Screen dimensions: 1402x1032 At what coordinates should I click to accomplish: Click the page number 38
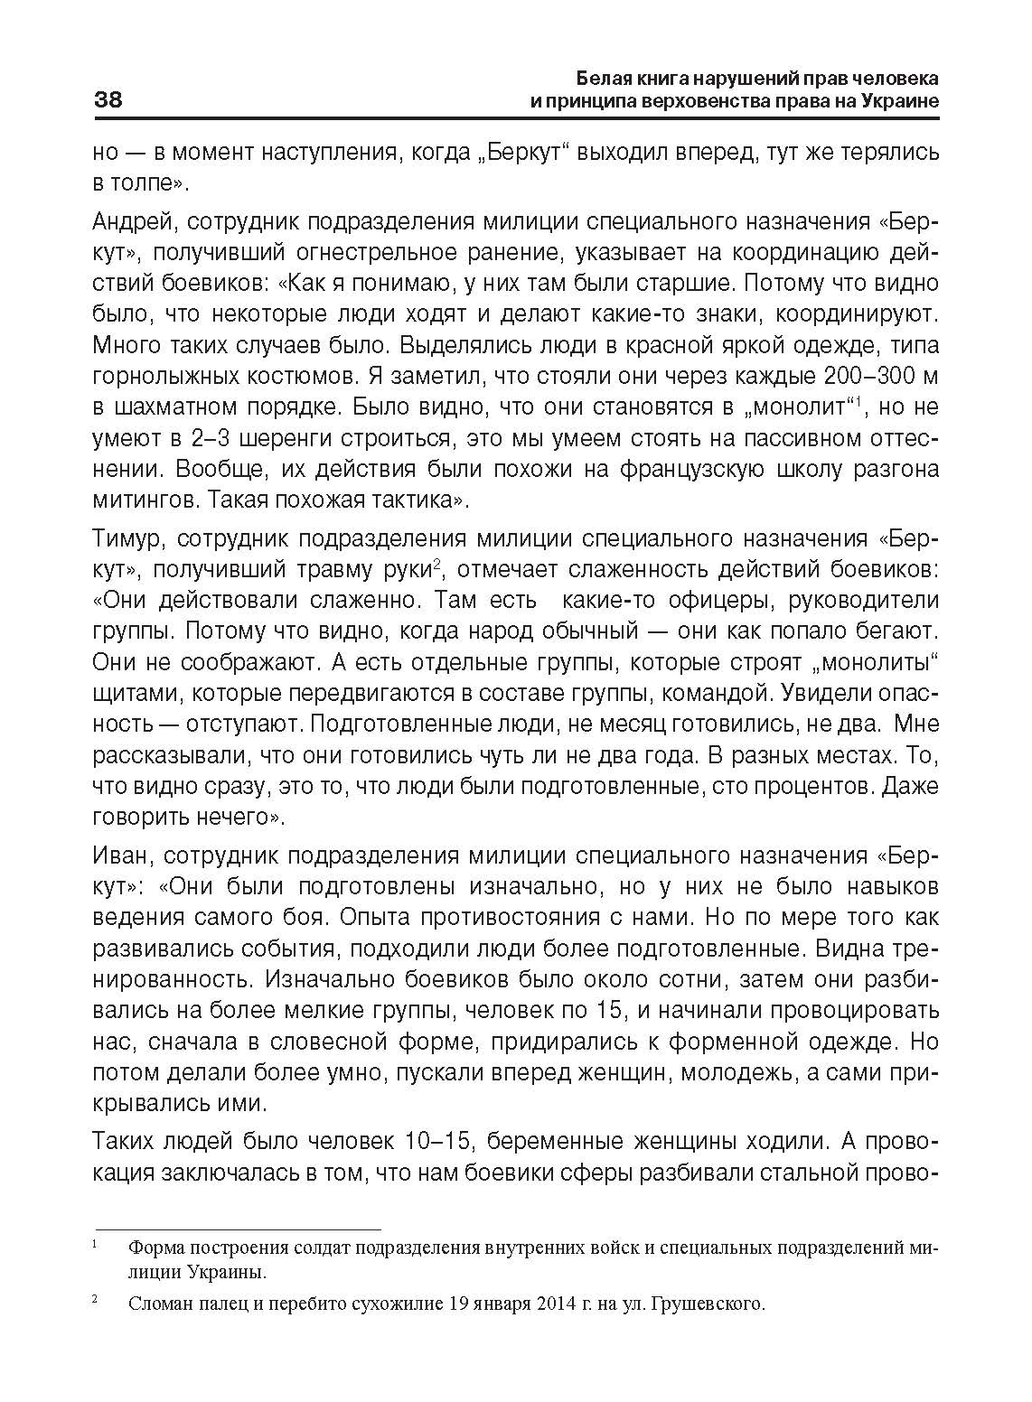coord(108,99)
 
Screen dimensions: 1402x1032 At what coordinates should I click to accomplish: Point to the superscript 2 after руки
coord(436,564)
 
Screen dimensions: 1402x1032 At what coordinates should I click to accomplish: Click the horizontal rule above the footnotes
coord(239,1229)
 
